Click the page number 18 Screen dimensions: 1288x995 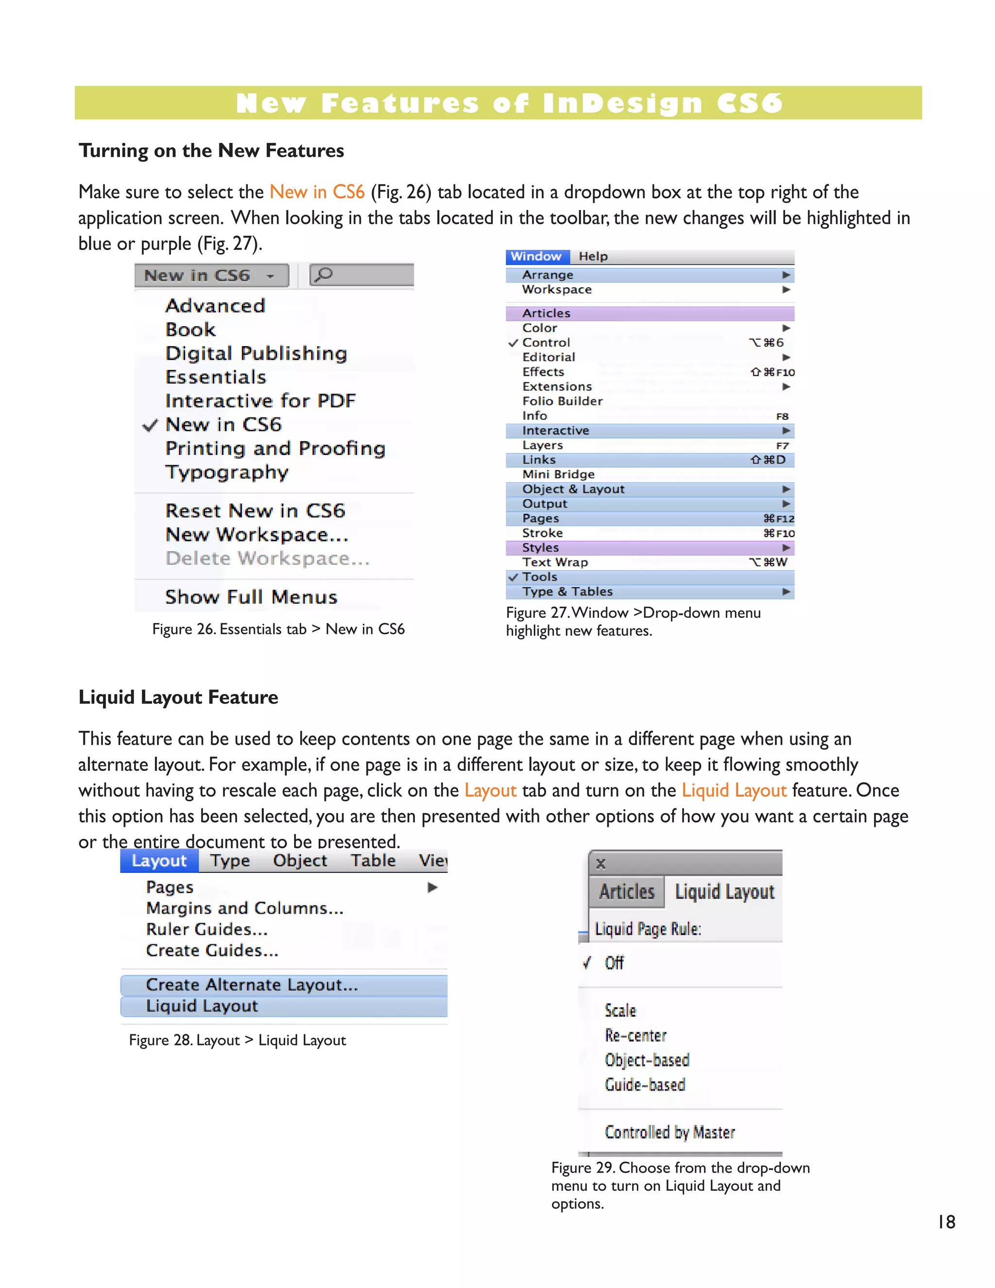click(946, 1221)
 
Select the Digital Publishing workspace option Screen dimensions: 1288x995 click(256, 353)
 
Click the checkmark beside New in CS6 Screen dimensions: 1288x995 click(150, 425)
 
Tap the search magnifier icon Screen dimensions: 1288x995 click(323, 274)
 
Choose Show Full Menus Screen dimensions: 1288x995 click(251, 597)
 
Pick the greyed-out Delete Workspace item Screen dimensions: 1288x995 click(268, 558)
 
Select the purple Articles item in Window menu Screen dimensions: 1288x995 click(547, 313)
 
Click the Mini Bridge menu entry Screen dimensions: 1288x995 click(558, 474)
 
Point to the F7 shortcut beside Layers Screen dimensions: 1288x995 click(782, 446)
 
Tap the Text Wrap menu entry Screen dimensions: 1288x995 click(555, 562)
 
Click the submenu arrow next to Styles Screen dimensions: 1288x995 click(786, 548)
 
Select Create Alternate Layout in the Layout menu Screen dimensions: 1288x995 click(252, 984)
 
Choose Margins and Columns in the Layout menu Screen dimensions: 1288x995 click(245, 908)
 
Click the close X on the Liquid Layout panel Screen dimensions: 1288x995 click(600, 864)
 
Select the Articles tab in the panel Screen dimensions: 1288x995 click(627, 892)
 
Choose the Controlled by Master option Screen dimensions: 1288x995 click(669, 1132)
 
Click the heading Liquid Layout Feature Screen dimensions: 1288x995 click(178, 697)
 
